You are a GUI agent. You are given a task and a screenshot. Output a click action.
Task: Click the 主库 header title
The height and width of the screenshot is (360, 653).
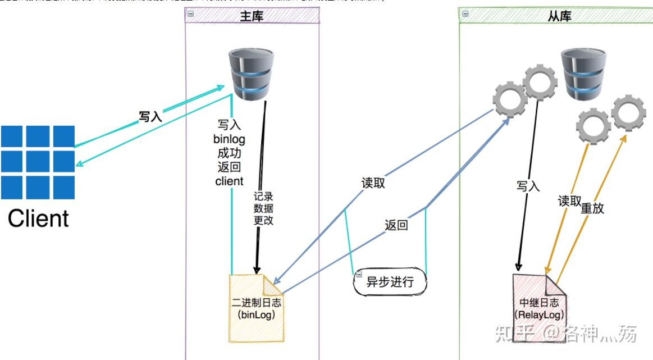pyautogui.click(x=252, y=17)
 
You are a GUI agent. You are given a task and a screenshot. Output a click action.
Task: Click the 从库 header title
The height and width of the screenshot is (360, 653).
pyautogui.click(x=559, y=17)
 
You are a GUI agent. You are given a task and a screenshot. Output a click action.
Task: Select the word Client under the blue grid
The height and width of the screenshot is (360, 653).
pyautogui.click(x=38, y=218)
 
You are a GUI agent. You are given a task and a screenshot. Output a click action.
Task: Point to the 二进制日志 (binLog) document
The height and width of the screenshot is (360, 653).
pyautogui.click(x=256, y=308)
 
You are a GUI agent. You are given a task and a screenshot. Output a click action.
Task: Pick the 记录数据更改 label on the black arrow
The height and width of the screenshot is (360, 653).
pyautogui.click(x=263, y=208)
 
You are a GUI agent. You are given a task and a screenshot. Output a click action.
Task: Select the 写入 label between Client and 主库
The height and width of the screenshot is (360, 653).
pyautogui.click(x=150, y=117)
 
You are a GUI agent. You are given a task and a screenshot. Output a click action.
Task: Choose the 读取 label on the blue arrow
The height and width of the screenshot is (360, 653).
pyautogui.click(x=373, y=183)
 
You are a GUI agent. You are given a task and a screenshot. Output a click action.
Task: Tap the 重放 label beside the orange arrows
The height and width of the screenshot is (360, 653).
pyautogui.click(x=592, y=208)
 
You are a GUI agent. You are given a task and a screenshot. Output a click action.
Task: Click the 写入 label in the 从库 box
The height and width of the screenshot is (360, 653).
pyautogui.click(x=528, y=186)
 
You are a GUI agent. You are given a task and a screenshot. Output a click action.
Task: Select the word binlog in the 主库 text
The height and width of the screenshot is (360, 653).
pyautogui.click(x=229, y=139)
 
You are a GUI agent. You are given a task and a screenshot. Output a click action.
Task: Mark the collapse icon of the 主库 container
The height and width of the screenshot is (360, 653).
pyautogui.click(x=190, y=13)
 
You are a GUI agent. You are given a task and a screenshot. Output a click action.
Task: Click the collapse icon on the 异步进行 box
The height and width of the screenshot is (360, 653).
pyautogui.click(x=358, y=275)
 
